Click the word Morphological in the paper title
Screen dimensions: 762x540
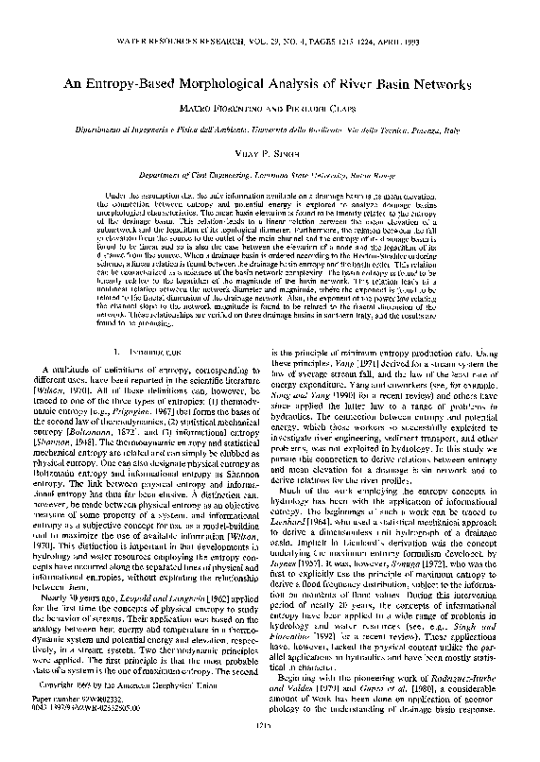point(225,83)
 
